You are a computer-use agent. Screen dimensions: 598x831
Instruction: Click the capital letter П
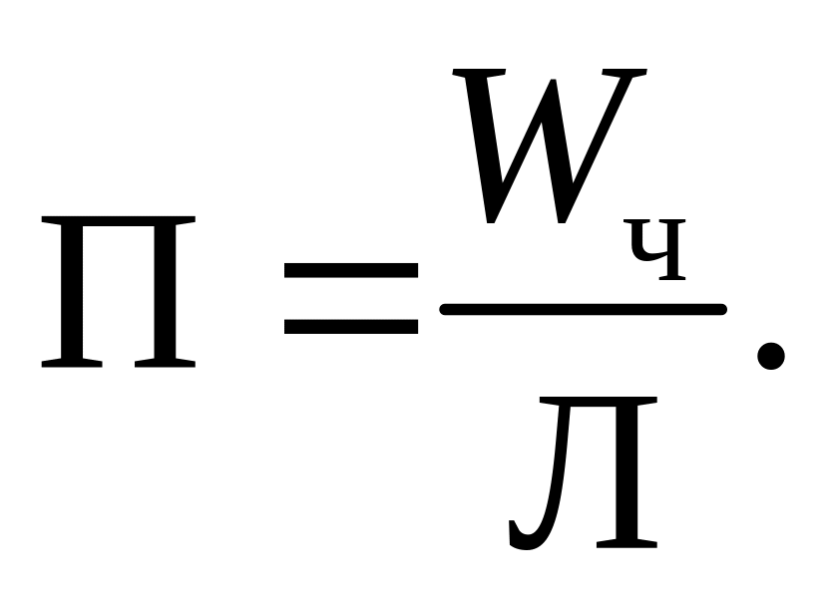pos(118,294)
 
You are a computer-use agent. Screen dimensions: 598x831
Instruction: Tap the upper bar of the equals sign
pos(351,270)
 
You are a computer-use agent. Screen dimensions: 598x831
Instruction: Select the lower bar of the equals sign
pos(351,325)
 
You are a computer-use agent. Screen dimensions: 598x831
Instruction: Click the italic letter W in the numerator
pos(544,145)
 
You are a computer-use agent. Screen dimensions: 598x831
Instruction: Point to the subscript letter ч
pos(657,255)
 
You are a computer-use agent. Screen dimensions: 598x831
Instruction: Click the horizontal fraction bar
pos(583,310)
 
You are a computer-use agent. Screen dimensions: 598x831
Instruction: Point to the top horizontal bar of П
pos(118,227)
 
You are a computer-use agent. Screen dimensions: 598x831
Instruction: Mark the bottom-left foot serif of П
pos(72,364)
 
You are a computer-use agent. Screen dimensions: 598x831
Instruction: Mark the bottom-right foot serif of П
pos(165,364)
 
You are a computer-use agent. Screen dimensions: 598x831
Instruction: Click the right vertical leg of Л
pos(626,473)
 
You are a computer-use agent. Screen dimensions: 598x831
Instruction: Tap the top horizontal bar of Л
pos(597,402)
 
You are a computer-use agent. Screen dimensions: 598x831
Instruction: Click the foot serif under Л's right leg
pos(626,544)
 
